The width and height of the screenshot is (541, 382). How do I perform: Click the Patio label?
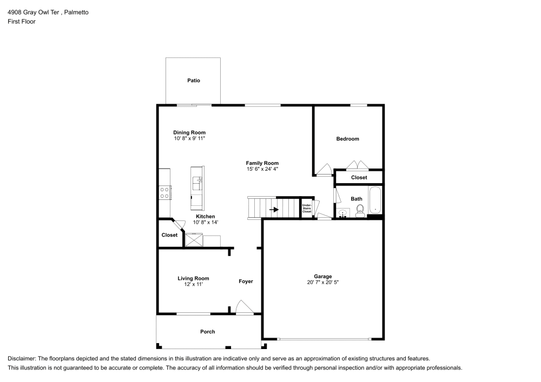click(194, 81)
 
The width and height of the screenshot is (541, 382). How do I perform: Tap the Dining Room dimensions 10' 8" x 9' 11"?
click(189, 139)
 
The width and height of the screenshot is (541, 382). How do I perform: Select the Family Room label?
click(262, 163)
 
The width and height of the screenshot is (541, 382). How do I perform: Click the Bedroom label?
click(347, 139)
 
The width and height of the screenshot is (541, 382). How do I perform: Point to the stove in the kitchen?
click(165, 192)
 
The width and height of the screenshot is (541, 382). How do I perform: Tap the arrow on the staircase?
click(274, 210)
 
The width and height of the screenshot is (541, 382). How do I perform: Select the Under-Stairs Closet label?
click(307, 209)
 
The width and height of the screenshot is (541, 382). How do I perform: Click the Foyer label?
click(246, 282)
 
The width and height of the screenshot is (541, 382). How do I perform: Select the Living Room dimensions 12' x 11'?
click(193, 284)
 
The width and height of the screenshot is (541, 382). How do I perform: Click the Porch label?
click(208, 332)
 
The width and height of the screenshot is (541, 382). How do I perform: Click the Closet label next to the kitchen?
click(169, 235)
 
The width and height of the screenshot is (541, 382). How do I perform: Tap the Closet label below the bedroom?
click(359, 177)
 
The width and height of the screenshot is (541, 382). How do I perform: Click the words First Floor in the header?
click(22, 22)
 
